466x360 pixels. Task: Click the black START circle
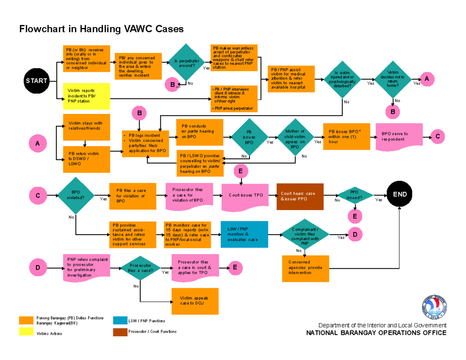[37, 81]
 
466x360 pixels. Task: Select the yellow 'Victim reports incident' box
[86, 96]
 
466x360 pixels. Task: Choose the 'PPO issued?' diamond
[354, 195]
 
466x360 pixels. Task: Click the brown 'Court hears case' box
[299, 196]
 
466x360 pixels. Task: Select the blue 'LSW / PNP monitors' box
[244, 234]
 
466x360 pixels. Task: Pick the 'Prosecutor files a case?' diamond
[140, 268]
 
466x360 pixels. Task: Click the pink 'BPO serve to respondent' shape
[399, 137]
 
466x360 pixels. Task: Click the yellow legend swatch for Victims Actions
[26, 331]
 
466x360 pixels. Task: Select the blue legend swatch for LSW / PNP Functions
[120, 321]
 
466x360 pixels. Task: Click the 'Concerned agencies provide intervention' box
[305, 268]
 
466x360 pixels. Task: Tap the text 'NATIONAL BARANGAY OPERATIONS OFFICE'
[376, 333]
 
